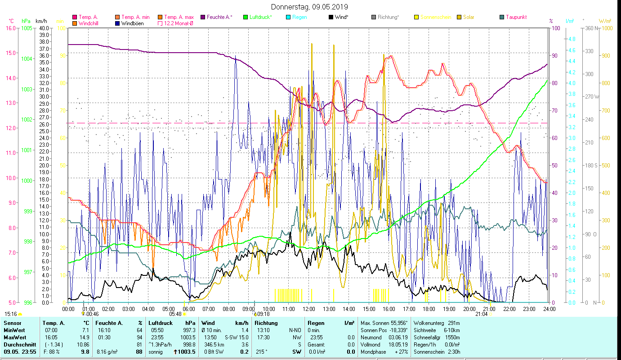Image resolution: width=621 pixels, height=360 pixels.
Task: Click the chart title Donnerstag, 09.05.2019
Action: point(310,7)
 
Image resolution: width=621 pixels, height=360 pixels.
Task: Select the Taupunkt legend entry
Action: point(516,17)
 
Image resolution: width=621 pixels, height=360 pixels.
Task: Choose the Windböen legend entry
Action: point(132,23)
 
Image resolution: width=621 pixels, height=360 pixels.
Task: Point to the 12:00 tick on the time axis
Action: point(309,309)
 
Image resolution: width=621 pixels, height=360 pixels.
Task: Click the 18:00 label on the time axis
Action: point(429,309)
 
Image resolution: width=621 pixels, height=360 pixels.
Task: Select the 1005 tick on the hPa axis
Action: point(27,28)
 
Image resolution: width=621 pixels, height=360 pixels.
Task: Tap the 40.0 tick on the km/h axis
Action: point(44,28)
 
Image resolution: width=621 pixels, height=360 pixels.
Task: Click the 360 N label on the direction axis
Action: point(590,28)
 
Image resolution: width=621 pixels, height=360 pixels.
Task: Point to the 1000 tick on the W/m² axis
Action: point(607,28)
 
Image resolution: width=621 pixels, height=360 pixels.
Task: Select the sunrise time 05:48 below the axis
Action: point(175,314)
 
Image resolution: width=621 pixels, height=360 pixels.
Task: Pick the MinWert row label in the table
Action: point(15,330)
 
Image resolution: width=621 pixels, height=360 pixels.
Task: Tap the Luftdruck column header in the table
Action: point(161,323)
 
